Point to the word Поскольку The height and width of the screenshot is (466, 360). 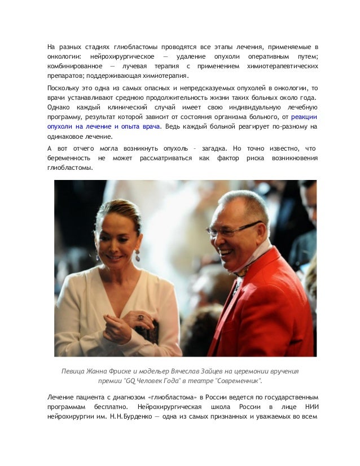pos(64,88)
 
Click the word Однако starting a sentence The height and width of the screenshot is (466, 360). pos(60,107)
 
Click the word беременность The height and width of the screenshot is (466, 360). pos(67,157)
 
